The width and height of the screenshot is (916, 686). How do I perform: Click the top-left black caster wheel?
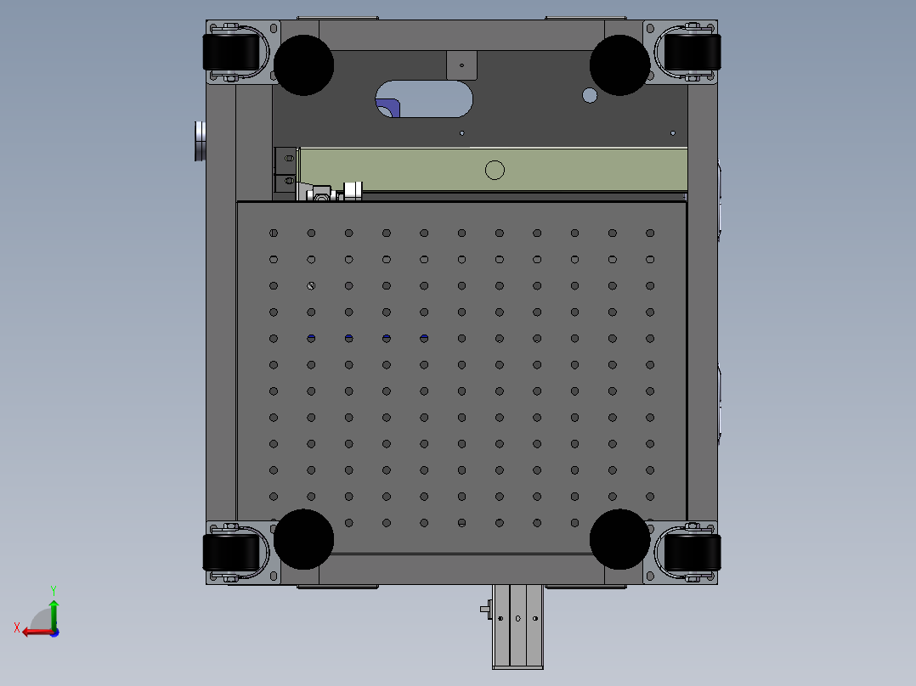click(231, 52)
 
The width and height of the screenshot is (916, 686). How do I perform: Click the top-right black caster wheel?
click(693, 52)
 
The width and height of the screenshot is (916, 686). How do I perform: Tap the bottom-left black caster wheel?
click(231, 553)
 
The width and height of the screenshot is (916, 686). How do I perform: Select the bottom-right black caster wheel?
click(693, 553)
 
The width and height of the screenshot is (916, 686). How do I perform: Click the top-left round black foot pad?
click(304, 65)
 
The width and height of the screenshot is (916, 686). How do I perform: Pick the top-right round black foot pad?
click(619, 65)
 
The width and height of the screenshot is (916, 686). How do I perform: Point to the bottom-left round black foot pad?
click(304, 539)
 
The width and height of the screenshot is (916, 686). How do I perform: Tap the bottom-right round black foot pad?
click(619, 539)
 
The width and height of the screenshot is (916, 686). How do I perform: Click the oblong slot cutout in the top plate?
click(424, 98)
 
